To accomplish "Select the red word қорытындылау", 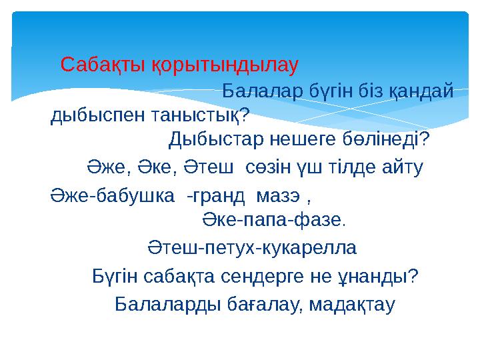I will (x=221, y=65).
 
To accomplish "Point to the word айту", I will (x=405, y=165).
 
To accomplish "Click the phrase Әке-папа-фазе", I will (x=275, y=219).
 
